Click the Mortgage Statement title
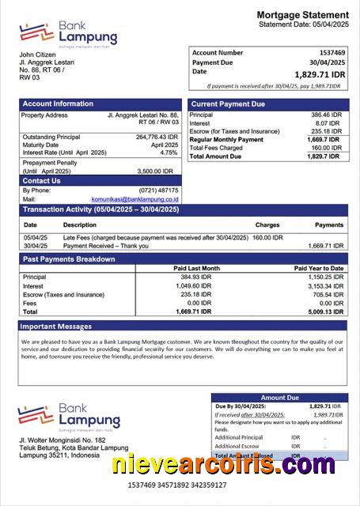[302, 15]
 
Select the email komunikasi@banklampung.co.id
[135, 199]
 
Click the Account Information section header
[58, 104]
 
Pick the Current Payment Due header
[229, 104]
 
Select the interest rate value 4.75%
[169, 153]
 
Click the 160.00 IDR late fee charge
[267, 237]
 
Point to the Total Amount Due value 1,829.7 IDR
[328, 157]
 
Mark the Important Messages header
[56, 326]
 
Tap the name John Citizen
[39, 55]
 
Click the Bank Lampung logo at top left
[69, 33]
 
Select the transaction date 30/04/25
[36, 246]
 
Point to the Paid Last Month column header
[197, 268]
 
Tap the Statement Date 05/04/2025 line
[303, 25]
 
